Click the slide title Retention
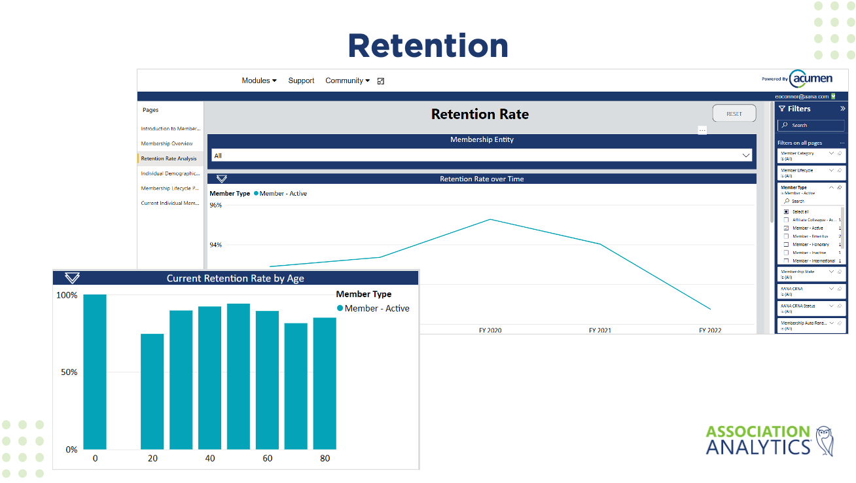click(428, 46)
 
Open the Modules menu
click(259, 80)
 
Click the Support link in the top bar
click(301, 80)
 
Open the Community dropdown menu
click(347, 80)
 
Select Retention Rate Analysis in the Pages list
click(168, 158)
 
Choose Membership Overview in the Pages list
click(167, 143)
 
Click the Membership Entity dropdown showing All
click(481, 156)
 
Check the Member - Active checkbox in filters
click(787, 228)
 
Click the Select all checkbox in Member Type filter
click(787, 212)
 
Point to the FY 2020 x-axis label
click(490, 331)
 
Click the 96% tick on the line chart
click(215, 205)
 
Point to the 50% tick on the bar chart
click(69, 372)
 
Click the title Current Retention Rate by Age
click(235, 278)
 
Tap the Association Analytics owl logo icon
click(824, 440)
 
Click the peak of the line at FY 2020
click(490, 219)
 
